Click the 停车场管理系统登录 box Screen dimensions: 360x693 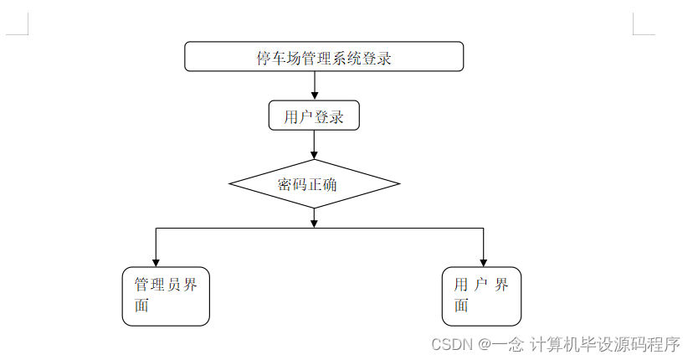point(323,57)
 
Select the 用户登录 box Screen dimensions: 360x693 point(314,116)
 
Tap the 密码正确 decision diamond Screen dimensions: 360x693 point(314,184)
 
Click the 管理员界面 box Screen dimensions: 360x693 point(166,296)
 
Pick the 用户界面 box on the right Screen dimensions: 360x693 point(481,296)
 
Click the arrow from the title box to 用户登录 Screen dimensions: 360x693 point(314,85)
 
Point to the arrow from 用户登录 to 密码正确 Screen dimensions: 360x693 point(314,145)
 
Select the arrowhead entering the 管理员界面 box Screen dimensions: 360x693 point(156,261)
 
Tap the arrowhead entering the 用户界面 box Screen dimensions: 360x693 point(483,261)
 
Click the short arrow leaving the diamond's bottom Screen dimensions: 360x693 point(314,218)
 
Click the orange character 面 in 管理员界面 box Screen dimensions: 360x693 point(141,306)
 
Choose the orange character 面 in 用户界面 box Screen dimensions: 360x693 point(461,306)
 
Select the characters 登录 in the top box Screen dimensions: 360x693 point(377,58)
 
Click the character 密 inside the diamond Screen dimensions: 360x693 point(285,184)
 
